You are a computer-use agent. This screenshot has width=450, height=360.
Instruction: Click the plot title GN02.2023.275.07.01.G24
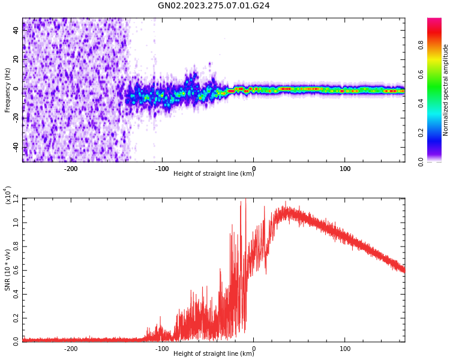[214, 5]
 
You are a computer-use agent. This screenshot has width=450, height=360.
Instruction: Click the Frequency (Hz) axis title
[8, 90]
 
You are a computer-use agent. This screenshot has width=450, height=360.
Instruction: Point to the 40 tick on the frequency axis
[16, 30]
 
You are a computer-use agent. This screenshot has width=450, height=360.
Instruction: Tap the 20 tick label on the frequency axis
[16, 59]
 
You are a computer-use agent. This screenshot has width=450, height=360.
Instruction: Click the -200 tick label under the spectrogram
[71, 169]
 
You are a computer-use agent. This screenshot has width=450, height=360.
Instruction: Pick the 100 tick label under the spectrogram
[345, 169]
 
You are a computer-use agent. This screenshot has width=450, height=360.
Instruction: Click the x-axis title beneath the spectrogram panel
[214, 174]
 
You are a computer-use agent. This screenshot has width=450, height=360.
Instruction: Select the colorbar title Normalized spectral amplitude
[446, 90]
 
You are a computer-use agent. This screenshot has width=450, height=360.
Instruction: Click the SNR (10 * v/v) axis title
[8, 270]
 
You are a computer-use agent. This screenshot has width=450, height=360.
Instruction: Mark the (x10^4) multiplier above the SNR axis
[8, 195]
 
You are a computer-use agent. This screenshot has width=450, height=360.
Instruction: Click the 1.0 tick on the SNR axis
[16, 222]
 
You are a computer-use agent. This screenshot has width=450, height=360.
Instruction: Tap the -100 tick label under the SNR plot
[162, 349]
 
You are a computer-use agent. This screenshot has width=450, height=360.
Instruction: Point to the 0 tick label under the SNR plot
[253, 349]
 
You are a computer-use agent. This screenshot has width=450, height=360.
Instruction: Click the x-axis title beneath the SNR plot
[214, 354]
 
